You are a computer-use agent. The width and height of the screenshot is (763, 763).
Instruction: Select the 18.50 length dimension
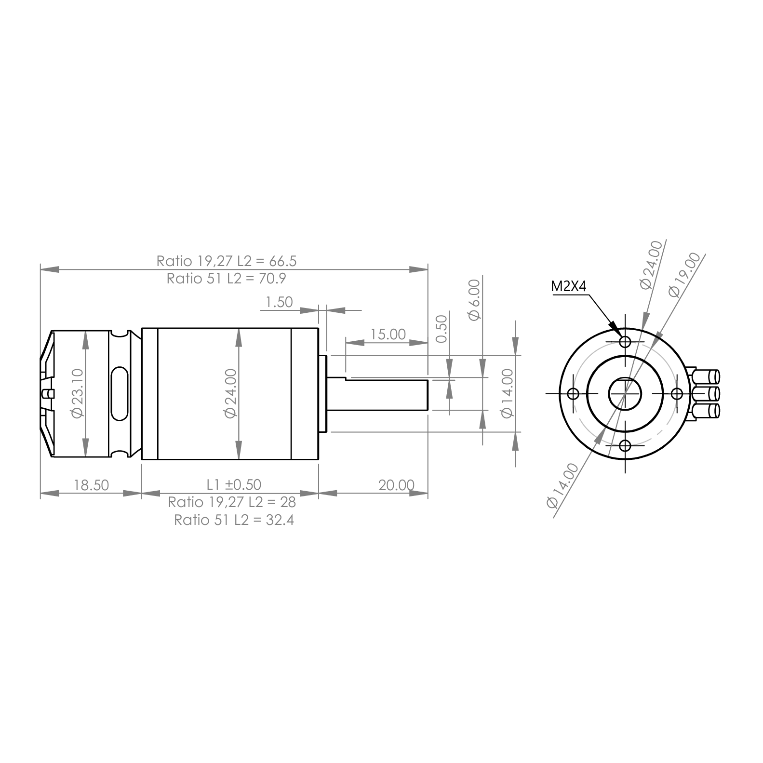[x=92, y=485]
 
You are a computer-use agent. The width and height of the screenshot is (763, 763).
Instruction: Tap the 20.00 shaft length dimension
[x=396, y=485]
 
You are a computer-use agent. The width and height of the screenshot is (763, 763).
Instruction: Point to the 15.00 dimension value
[x=388, y=334]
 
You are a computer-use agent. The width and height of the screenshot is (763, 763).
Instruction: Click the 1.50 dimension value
[x=280, y=302]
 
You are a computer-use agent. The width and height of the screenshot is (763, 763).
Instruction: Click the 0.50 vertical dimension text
[x=442, y=329]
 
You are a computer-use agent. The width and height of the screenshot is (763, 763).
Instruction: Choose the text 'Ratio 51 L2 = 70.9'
[x=227, y=279]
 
